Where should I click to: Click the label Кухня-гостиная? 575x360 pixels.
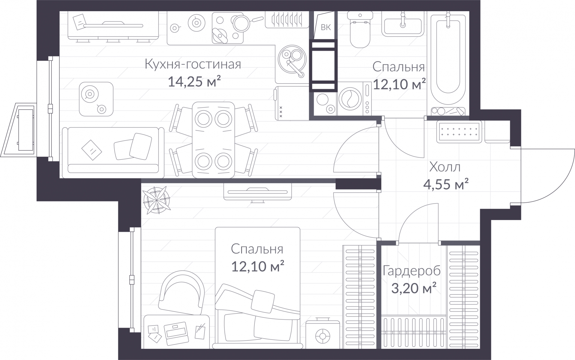[193, 64]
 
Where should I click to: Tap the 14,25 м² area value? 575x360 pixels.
[194, 82]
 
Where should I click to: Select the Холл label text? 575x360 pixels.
[445, 167]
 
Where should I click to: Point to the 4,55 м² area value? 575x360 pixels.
[446, 184]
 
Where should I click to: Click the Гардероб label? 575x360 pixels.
[411, 271]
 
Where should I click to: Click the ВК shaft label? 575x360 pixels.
[326, 27]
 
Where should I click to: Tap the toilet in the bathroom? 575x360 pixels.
[360, 29]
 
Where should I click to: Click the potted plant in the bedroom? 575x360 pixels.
[157, 200]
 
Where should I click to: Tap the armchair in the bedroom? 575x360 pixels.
[182, 293]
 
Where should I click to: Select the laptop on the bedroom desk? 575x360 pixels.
[176, 333]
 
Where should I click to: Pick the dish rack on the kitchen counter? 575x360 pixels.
[287, 19]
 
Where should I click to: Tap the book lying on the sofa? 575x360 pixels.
[92, 150]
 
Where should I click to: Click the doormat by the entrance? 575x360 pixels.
[459, 132]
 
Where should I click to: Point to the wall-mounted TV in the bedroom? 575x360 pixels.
[257, 192]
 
